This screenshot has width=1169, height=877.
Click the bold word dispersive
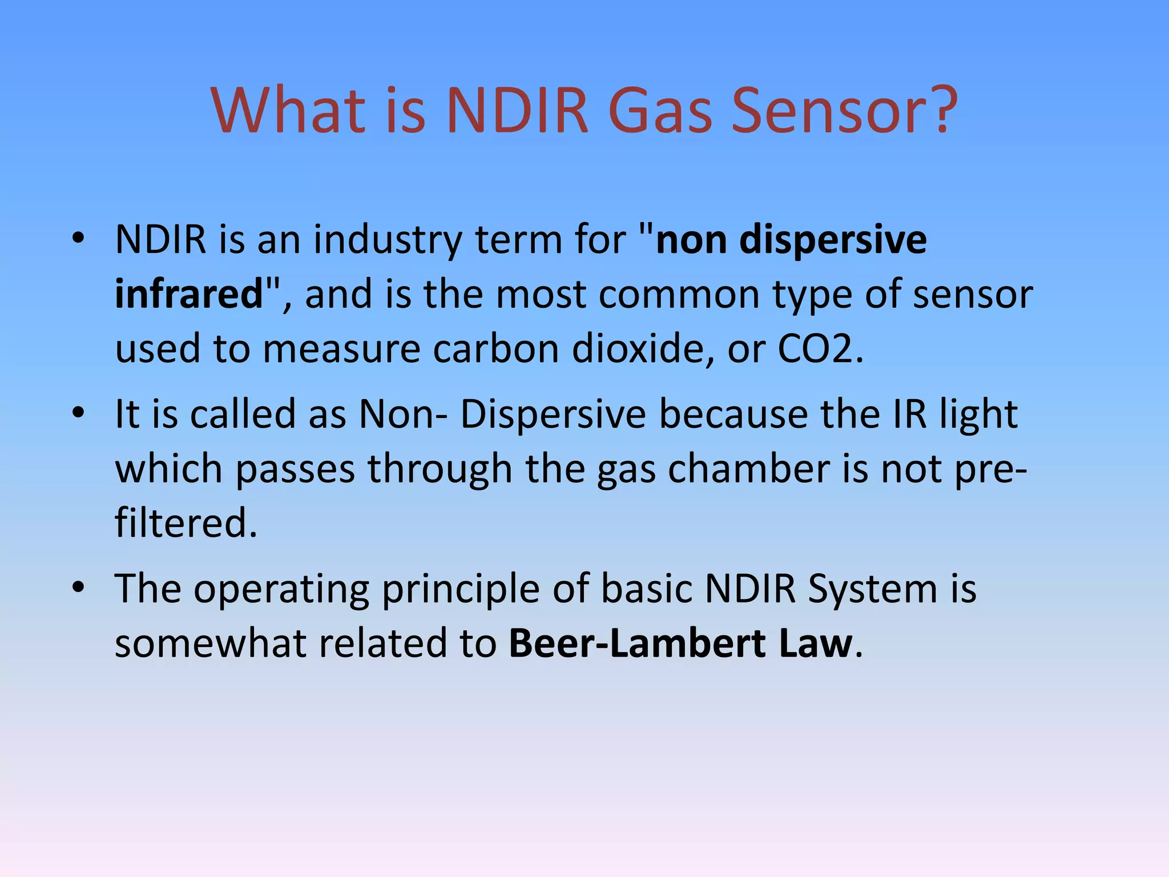click(x=833, y=240)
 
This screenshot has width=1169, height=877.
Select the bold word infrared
click(x=189, y=294)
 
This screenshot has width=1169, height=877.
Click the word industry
click(x=388, y=240)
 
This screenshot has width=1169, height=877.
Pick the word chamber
click(x=748, y=469)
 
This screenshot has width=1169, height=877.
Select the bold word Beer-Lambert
click(x=637, y=643)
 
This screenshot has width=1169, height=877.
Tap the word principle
click(x=460, y=590)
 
